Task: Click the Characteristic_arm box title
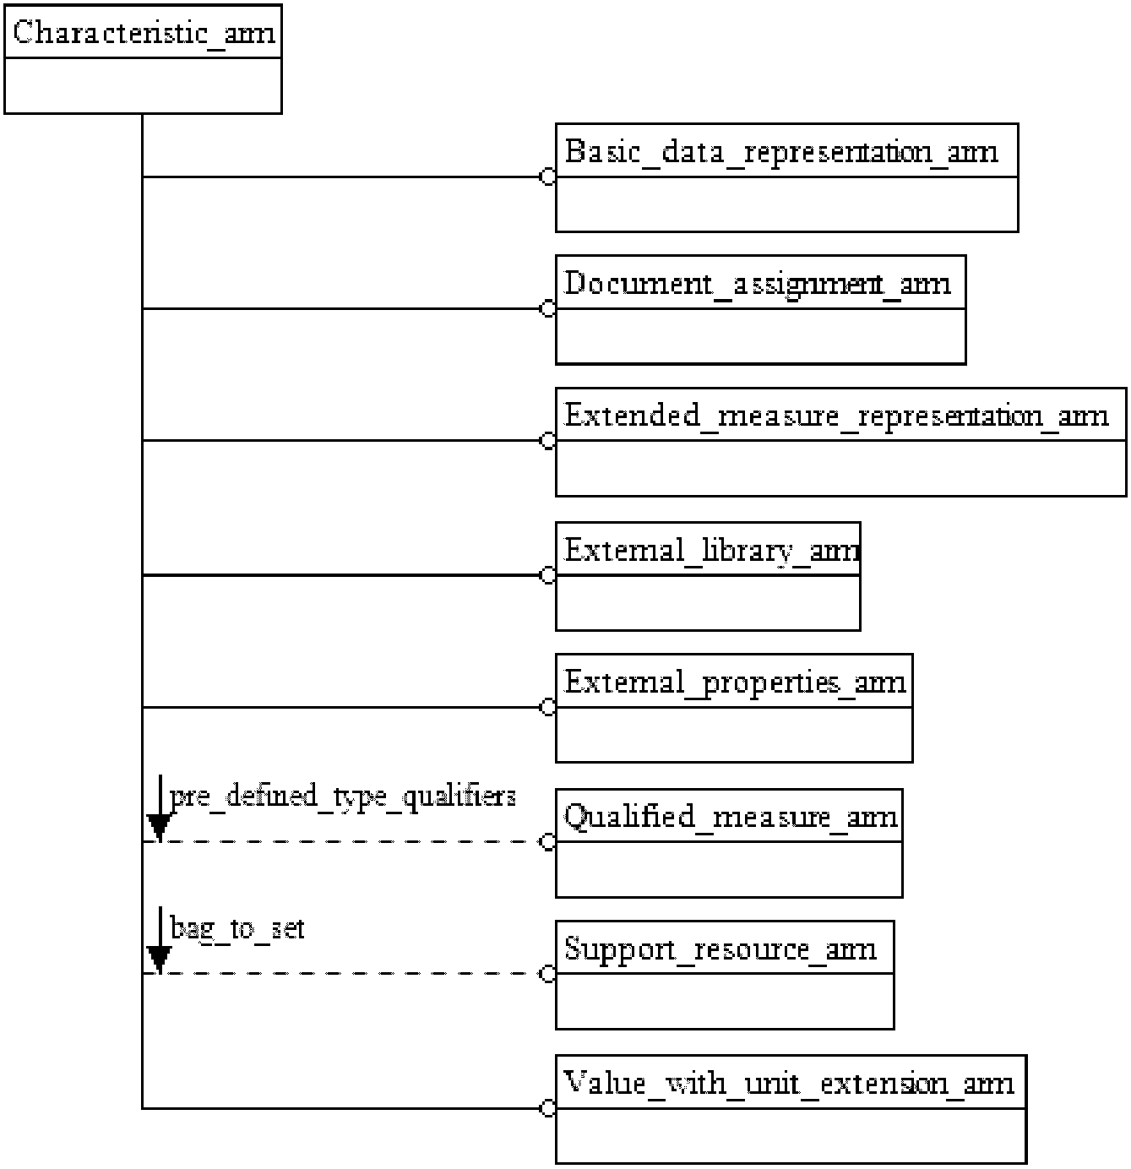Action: [x=144, y=33]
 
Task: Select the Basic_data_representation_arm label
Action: [x=781, y=152]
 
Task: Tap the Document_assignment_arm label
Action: [x=758, y=284]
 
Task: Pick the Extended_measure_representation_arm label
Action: [x=836, y=416]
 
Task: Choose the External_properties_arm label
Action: [x=735, y=682]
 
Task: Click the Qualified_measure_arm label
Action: [x=731, y=817]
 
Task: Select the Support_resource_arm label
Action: [x=720, y=949]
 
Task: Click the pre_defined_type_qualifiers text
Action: [x=343, y=797]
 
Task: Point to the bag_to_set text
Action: [x=237, y=928]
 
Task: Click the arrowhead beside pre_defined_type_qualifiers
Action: [x=160, y=827]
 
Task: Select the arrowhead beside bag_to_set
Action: [x=160, y=959]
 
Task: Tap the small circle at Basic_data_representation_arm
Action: [x=548, y=177]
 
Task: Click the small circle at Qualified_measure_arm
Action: [x=548, y=842]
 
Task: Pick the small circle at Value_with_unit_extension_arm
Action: [x=548, y=1108]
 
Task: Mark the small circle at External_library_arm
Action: [x=548, y=576]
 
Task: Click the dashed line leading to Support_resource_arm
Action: [x=355, y=974]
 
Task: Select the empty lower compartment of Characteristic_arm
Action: [x=143, y=85]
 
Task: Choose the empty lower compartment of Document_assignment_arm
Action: [x=760, y=336]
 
